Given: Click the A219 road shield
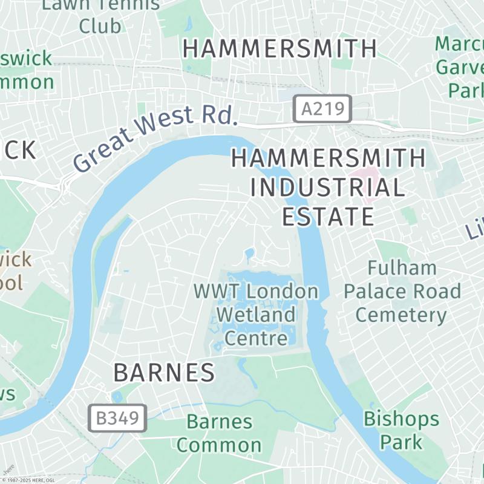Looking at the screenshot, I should pyautogui.click(x=322, y=109).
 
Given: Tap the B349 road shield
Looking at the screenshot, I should pyautogui.click(x=117, y=417).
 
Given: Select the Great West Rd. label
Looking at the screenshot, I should pyautogui.click(x=154, y=137).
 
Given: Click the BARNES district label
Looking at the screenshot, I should pyautogui.click(x=164, y=373).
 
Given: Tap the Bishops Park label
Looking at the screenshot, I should pyautogui.click(x=401, y=430).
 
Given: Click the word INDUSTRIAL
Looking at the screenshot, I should pyautogui.click(x=327, y=188).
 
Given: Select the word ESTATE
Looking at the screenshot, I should pyautogui.click(x=327, y=216).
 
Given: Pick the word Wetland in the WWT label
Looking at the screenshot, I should pyautogui.click(x=256, y=315).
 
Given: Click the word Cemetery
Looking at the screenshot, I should pyautogui.click(x=401, y=315).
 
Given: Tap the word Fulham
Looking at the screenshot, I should pyautogui.click(x=402, y=268).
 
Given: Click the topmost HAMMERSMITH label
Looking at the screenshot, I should pyautogui.click(x=280, y=48).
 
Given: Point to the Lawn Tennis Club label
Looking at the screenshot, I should pyautogui.click(x=100, y=15).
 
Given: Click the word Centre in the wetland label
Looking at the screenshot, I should pyautogui.click(x=256, y=338).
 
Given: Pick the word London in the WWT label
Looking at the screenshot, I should pyautogui.click(x=283, y=291).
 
